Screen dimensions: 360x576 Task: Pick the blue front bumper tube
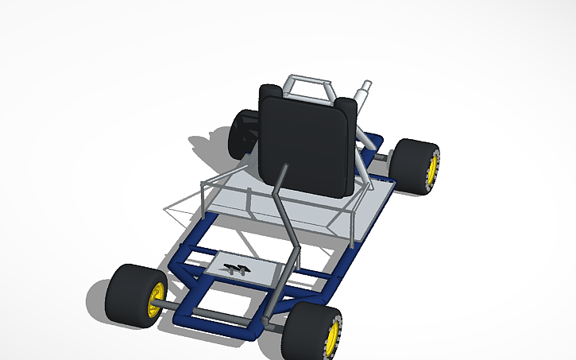click(215, 321)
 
